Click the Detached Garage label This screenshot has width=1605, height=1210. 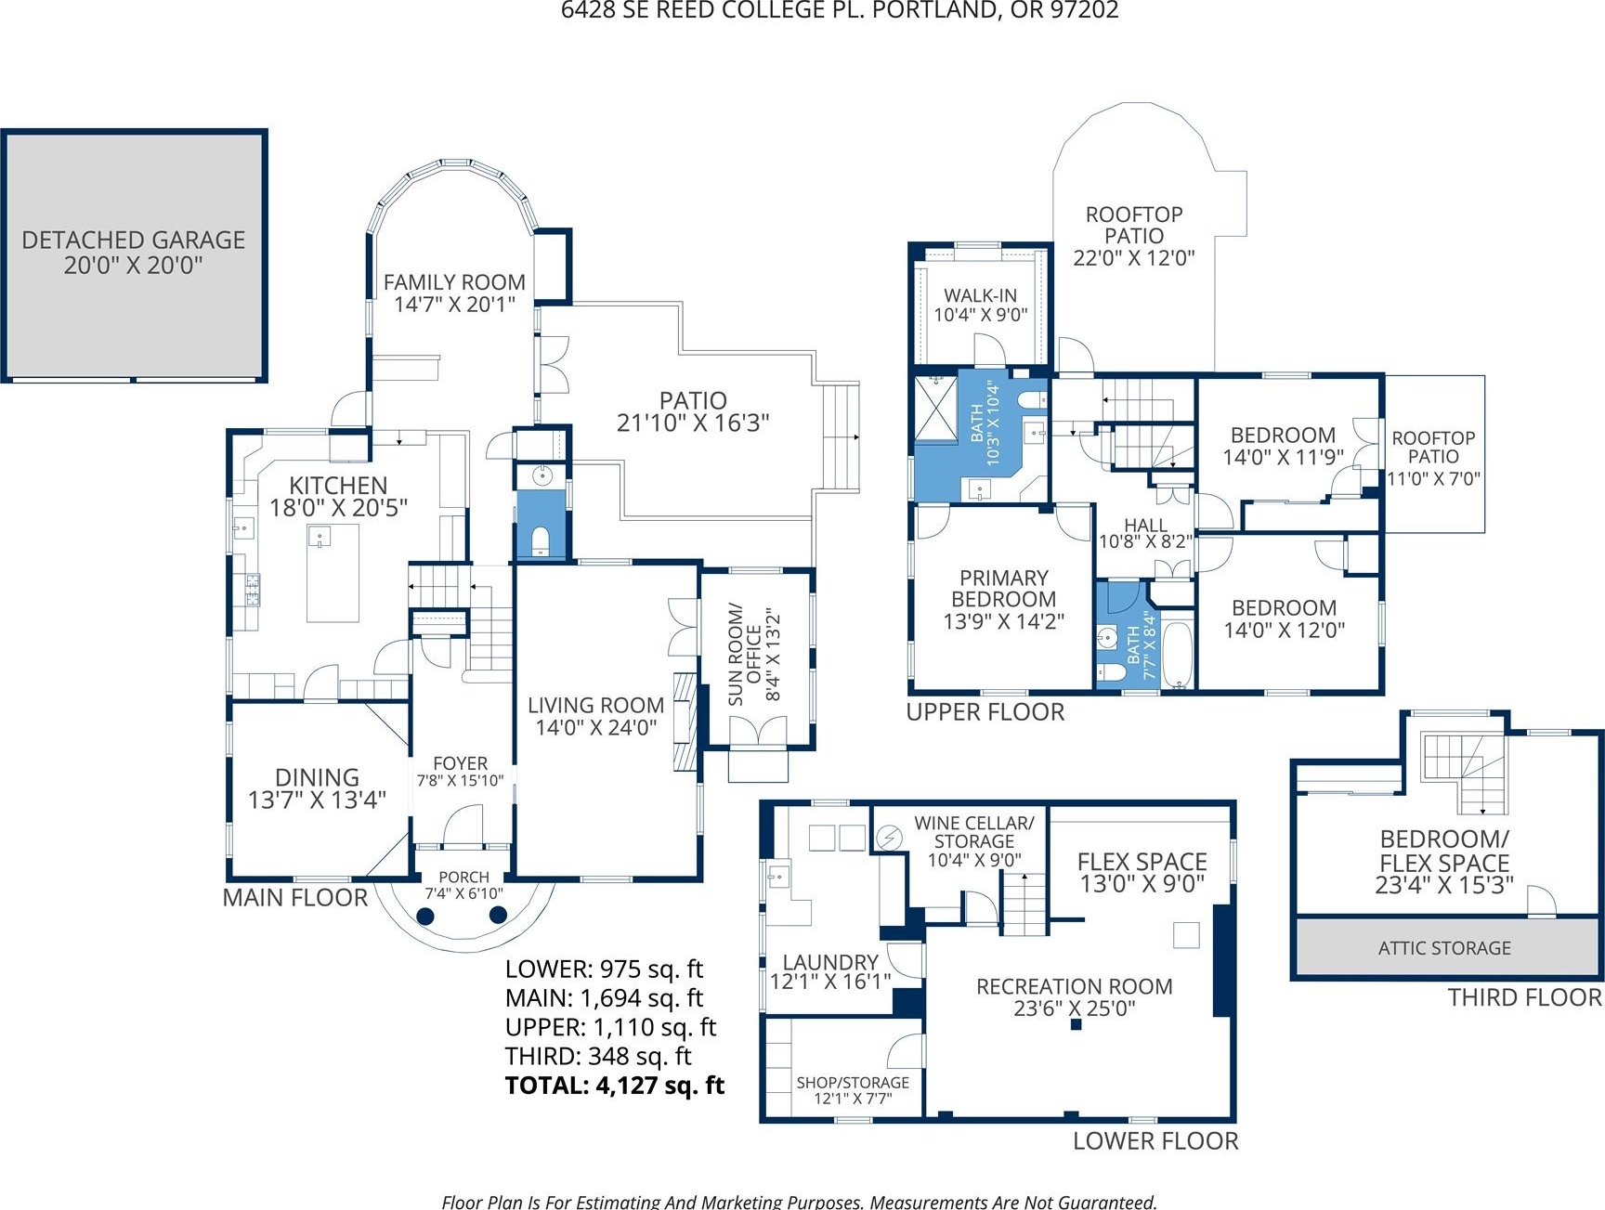point(134,253)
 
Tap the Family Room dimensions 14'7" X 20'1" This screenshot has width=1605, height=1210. point(454,305)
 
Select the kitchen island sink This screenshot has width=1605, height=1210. point(320,538)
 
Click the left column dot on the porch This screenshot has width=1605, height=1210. point(425,917)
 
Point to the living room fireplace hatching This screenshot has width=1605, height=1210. point(685,722)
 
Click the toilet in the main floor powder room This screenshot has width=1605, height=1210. point(540,540)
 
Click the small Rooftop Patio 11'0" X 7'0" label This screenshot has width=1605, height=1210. point(1433,458)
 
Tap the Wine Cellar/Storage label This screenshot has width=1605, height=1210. point(974,832)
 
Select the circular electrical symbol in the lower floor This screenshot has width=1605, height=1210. point(889,838)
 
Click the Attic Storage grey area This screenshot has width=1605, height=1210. point(1445,946)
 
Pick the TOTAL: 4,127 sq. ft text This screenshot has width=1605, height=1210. point(614,1085)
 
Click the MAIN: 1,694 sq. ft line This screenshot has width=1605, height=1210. point(604,998)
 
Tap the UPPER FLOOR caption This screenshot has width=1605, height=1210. point(985,712)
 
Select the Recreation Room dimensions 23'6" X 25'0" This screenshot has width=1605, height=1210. point(1075,1008)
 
